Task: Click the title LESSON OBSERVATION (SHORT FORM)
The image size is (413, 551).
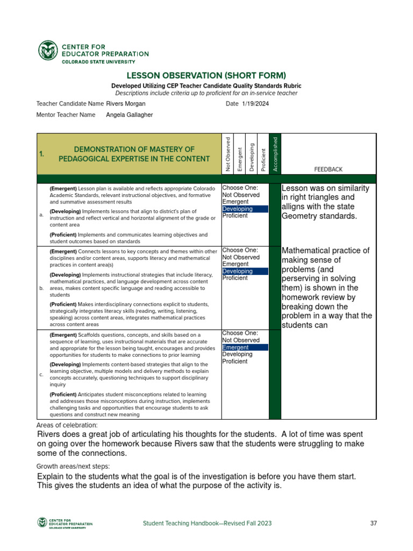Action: click(x=206, y=75)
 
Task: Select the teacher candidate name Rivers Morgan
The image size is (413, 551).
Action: click(x=126, y=103)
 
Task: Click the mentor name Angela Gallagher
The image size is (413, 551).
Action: click(x=129, y=115)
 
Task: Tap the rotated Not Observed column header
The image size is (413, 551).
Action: click(x=228, y=154)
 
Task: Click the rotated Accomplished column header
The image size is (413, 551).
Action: click(x=275, y=154)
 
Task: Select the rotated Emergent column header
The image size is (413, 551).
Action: click(x=239, y=159)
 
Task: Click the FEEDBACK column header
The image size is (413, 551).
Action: click(x=328, y=169)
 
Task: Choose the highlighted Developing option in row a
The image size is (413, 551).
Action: click(x=237, y=209)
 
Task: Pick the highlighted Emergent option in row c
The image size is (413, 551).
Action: click(x=235, y=348)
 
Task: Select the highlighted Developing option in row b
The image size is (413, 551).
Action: click(x=237, y=271)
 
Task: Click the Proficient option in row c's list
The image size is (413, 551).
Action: click(x=235, y=362)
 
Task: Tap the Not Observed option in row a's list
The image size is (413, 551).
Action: click(x=241, y=195)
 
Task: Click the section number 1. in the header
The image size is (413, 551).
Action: click(x=41, y=154)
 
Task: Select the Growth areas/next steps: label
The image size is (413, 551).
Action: click(x=73, y=466)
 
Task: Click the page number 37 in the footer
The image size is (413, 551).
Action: click(x=374, y=523)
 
